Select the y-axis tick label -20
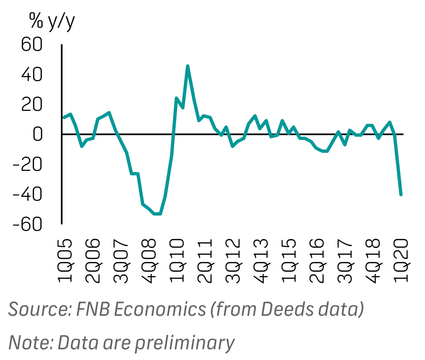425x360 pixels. coord(27,164)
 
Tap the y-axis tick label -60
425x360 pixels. coord(27,224)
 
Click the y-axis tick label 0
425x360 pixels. coord(37,134)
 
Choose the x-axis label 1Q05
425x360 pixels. coord(65,260)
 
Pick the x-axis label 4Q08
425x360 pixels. coord(149,260)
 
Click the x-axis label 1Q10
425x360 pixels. coord(177,260)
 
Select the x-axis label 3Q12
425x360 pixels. coord(233,260)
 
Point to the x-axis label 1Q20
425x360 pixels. coord(401,260)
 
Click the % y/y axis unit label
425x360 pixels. coord(52,21)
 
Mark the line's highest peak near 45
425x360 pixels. coord(188,66)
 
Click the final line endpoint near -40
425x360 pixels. coord(401,194)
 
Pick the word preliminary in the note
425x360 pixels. coord(185,343)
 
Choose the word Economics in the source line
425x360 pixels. coord(160,309)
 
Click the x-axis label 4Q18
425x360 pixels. coord(373,260)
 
